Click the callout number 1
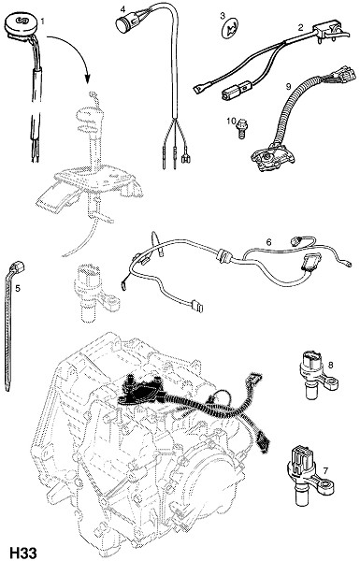pos(43,22)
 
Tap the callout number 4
pos(123,9)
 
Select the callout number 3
pos(223,15)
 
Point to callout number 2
pos(300,27)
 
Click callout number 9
pos(287,86)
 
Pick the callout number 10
pos(230,122)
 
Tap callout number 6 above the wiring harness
pos(268,242)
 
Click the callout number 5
pos(18,288)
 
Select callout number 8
pos(330,365)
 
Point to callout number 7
pos(325,471)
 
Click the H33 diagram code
pos(22,553)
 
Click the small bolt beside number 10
pos(242,128)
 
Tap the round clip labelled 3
pos(230,29)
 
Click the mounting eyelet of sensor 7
pos(326,488)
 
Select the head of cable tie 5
pos(17,266)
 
